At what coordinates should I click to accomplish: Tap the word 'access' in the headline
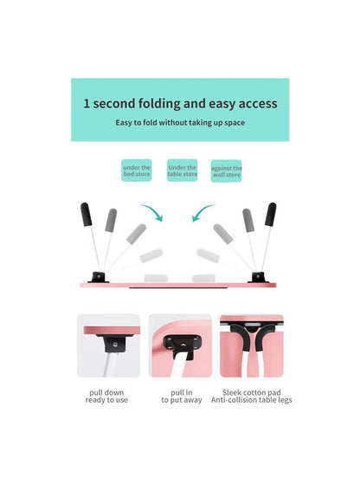(254, 104)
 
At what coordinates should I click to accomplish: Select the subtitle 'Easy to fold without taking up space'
(180, 123)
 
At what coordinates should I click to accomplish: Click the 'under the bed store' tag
(136, 171)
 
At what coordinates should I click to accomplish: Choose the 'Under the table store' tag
(182, 171)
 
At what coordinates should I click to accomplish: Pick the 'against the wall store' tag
(227, 171)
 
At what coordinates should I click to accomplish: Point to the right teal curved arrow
(203, 212)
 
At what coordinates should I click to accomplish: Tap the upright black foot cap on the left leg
(87, 215)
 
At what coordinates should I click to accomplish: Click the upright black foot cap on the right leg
(271, 215)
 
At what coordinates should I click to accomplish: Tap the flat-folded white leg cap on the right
(208, 256)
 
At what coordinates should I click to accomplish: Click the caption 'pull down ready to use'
(108, 397)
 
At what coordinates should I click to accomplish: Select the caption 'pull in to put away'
(180, 397)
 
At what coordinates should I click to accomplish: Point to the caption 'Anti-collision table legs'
(252, 402)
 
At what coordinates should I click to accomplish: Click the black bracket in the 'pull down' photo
(112, 345)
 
